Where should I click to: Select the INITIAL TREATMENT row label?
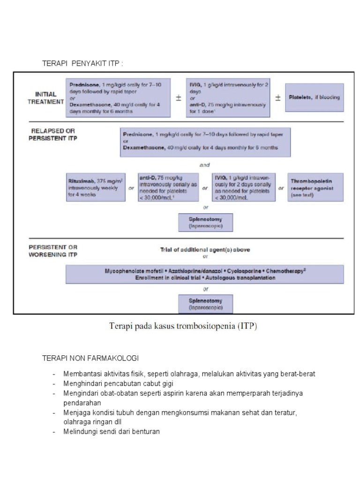click(x=45, y=97)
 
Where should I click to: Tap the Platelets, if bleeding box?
click(x=314, y=97)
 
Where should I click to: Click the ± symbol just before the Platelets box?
click(x=277, y=97)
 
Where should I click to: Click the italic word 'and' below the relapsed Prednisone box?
click(x=204, y=165)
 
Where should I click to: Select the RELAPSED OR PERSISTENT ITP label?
click(x=52, y=135)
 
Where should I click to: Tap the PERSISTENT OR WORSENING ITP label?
click(x=53, y=251)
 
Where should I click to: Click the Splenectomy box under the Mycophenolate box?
click(x=206, y=304)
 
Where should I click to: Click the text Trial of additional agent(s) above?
click(x=205, y=249)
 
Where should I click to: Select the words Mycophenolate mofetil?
click(x=129, y=271)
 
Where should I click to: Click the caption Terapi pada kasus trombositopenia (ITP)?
click(x=183, y=326)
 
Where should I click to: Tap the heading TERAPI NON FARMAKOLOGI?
click(x=90, y=358)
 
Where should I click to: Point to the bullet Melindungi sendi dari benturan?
click(x=112, y=431)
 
